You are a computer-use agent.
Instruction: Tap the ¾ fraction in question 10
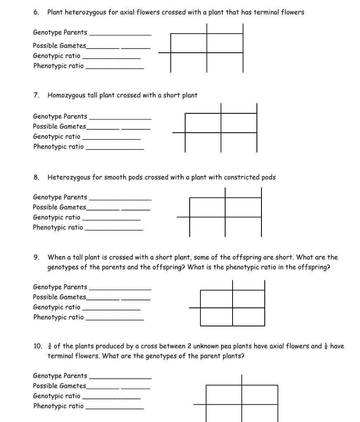tap(49, 346)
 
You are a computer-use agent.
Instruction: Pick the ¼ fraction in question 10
tap(325, 346)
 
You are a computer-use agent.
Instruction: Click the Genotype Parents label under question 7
tap(60, 117)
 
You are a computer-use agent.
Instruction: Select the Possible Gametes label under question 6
tap(60, 46)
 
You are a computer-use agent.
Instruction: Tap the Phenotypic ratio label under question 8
tap(58, 227)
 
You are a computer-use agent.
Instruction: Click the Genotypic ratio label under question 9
tap(57, 307)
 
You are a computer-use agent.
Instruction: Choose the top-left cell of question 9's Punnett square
tap(216, 299)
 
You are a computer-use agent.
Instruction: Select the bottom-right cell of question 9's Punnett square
tap(248, 317)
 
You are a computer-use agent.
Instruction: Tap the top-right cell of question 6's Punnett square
tap(225, 43)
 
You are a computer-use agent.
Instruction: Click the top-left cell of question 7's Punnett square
tap(203, 122)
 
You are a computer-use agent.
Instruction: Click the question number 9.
tap(36, 258)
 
